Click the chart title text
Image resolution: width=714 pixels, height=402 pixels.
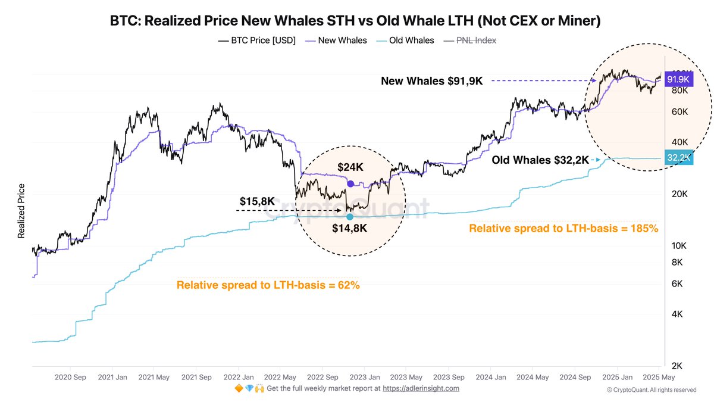click(355, 21)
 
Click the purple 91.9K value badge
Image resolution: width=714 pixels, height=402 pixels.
click(678, 79)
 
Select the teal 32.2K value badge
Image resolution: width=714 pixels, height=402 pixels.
click(678, 158)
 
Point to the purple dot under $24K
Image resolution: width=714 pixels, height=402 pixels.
click(350, 183)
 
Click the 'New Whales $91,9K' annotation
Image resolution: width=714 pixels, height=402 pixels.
click(432, 81)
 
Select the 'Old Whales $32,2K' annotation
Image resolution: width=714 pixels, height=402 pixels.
click(540, 160)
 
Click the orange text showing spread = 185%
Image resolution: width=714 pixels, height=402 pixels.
click(563, 228)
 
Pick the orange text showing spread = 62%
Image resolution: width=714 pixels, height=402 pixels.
click(268, 285)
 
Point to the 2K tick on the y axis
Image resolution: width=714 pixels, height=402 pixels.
click(677, 366)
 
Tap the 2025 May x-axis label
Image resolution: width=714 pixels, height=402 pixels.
click(659, 377)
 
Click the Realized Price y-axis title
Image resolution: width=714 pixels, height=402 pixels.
click(21, 211)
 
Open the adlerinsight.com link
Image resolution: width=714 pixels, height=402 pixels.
click(421, 388)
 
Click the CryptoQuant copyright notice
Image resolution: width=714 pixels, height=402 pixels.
click(651, 390)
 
